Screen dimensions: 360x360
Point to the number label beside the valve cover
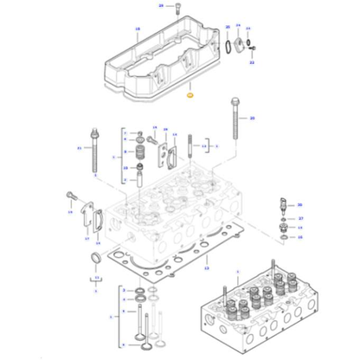(x=137, y=30)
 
